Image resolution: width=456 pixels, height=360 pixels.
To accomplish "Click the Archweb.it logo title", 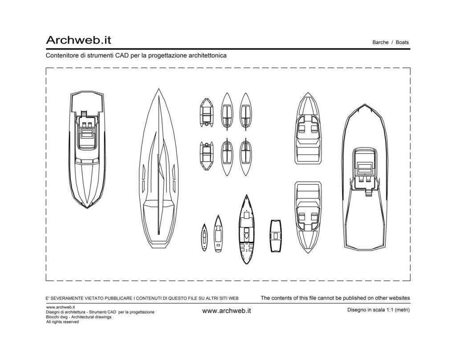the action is tap(78, 40).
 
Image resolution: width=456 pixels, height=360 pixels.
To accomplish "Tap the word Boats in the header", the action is tap(402, 42).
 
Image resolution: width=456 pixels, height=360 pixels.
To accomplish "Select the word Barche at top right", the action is tap(380, 42).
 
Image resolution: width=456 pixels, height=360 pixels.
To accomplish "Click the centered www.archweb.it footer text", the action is tap(227, 311).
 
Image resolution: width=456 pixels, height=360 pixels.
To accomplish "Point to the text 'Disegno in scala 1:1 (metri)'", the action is tap(379, 310).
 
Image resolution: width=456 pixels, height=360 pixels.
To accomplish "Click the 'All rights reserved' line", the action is tap(62, 322).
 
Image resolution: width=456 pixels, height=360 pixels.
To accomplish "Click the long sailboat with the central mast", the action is tap(159, 169).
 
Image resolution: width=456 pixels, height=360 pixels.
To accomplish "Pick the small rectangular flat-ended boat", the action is tap(276, 236).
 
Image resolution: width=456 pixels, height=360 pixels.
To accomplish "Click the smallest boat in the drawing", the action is tap(204, 237).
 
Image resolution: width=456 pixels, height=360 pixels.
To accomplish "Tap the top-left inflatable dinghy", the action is tap(207, 113).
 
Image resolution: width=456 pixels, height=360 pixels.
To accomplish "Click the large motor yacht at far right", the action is tap(365, 176).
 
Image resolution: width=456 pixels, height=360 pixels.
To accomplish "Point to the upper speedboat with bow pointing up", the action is tap(308, 129).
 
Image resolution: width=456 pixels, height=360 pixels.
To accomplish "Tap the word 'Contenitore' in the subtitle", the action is tap(60, 56).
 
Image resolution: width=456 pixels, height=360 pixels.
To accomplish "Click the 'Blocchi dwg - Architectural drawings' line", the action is tap(78, 317).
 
